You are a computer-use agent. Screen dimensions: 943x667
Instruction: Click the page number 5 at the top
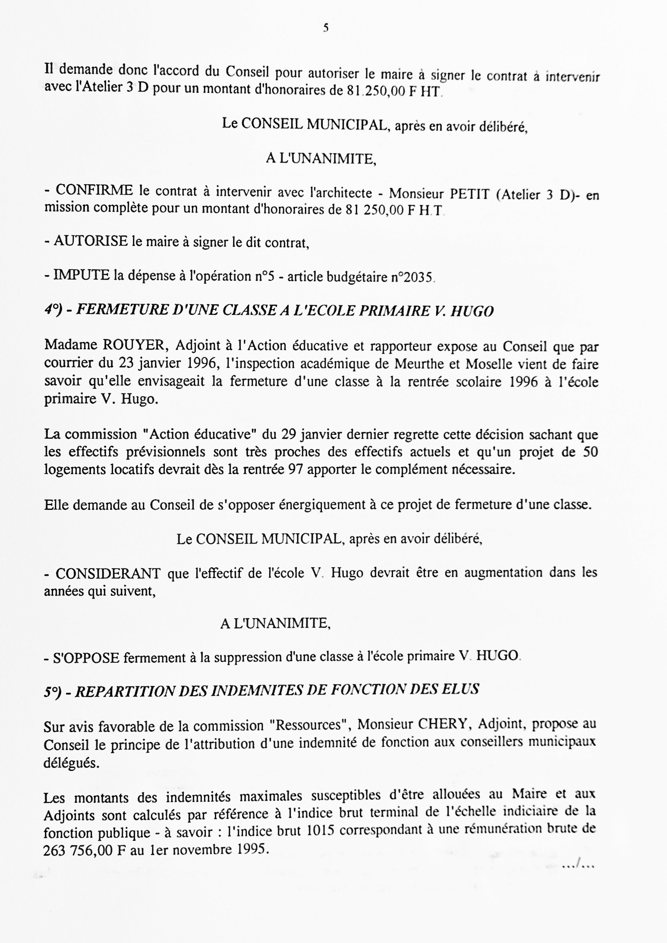click(326, 28)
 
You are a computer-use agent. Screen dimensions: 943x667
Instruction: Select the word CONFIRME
click(94, 190)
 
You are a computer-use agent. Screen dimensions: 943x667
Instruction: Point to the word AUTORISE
click(91, 241)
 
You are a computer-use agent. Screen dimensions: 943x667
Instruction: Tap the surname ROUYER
click(132, 346)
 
